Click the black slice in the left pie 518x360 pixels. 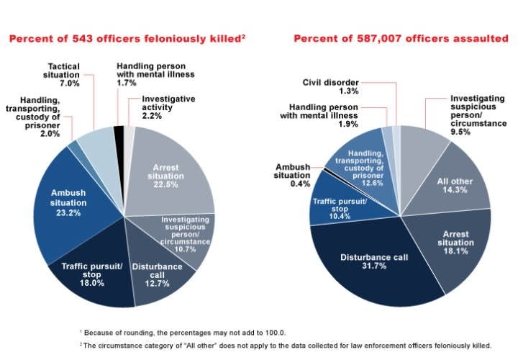pyautogui.click(x=119, y=130)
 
